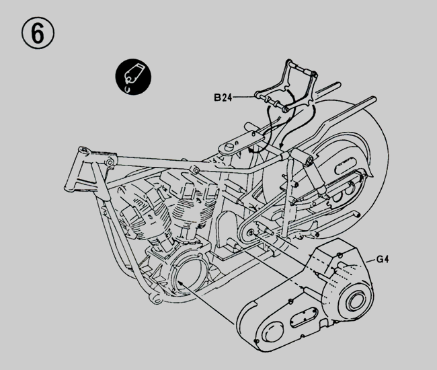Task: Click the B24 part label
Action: coord(224,98)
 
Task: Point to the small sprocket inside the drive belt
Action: coord(252,232)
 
